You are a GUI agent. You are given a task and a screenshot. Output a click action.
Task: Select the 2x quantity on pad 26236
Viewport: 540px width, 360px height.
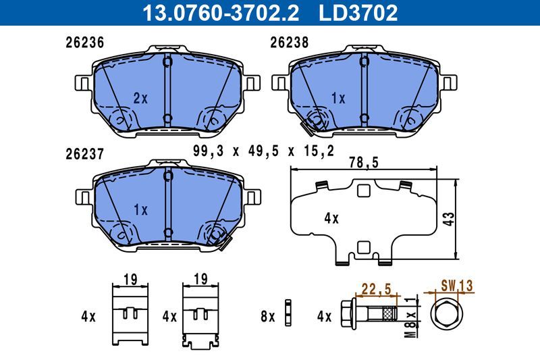coord(140,98)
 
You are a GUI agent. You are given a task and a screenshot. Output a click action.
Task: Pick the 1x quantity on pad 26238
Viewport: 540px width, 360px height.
coord(337,98)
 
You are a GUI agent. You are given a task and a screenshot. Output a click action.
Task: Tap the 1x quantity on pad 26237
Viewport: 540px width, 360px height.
coord(140,209)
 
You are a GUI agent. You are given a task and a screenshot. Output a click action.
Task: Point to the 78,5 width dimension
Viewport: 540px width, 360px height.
coord(363,163)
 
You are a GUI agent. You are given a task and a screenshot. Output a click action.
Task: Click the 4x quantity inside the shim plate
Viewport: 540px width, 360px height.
coord(331,218)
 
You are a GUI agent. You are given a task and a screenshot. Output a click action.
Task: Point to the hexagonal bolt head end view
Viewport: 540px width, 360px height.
coord(446,315)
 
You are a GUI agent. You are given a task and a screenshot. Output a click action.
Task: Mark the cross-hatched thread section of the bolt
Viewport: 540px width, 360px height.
coord(389,315)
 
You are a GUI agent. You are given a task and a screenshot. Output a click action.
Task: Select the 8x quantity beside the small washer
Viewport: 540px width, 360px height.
coord(267,315)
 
